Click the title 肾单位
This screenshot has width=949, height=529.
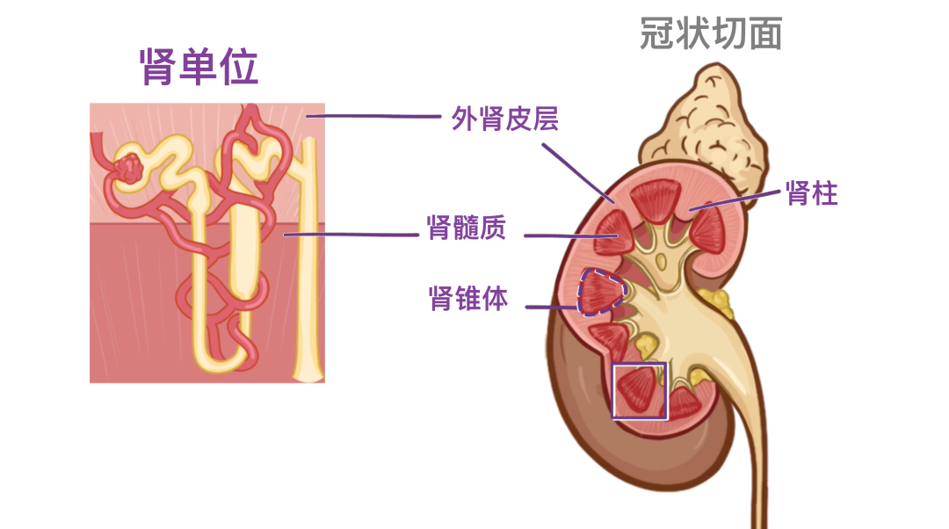tap(199, 67)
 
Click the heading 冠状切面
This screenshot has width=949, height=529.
tap(711, 33)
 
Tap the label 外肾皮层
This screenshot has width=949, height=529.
tap(504, 119)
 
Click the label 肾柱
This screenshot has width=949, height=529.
tap(812, 193)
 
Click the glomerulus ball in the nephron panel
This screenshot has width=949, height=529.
tap(130, 169)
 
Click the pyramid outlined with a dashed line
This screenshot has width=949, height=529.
tap(600, 292)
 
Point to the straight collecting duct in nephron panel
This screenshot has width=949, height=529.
tap(307, 264)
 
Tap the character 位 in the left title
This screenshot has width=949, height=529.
tap(239, 67)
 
